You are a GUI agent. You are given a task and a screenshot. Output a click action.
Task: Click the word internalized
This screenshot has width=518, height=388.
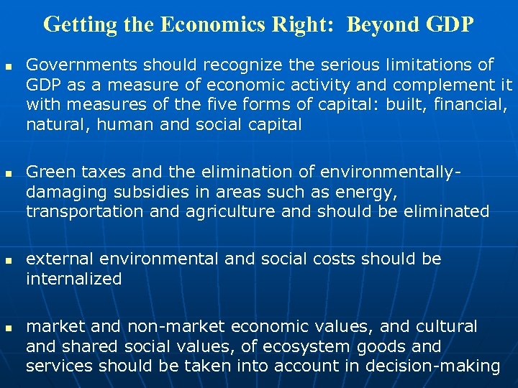(x=74, y=279)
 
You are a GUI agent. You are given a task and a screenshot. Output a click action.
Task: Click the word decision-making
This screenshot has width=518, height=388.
(x=434, y=366)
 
